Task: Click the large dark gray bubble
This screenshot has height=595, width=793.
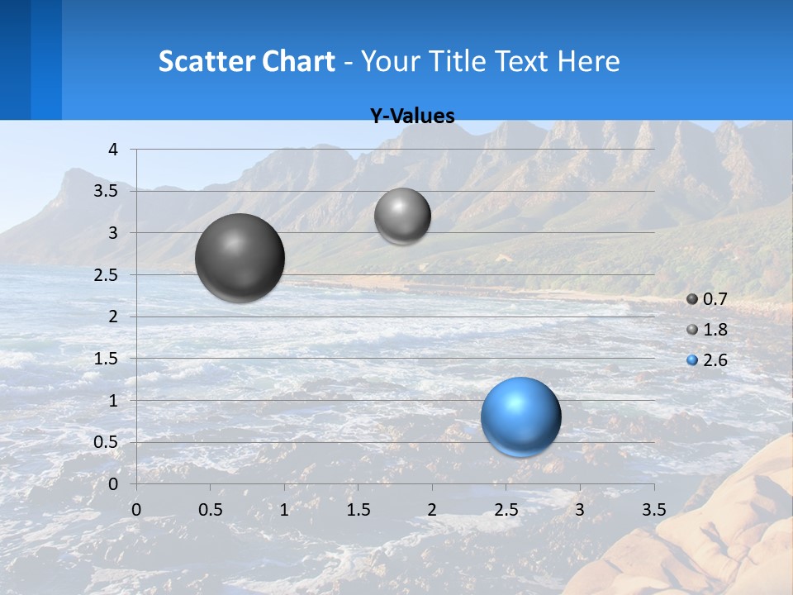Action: coord(240,258)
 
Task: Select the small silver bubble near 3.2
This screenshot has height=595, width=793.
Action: coord(402,216)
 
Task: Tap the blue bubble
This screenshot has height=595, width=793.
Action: coord(520,416)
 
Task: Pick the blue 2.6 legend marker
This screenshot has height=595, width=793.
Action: coord(692,360)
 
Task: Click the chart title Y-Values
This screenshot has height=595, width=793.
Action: coord(411,117)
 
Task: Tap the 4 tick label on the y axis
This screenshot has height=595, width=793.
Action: coord(113,150)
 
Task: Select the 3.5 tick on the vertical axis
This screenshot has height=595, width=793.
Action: coord(107,192)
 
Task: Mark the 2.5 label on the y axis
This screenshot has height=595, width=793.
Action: coord(107,275)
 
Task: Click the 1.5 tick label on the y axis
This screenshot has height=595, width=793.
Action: coord(107,359)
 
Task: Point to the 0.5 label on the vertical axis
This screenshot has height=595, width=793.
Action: coord(107,442)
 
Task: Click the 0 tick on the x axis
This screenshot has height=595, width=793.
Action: coord(136,509)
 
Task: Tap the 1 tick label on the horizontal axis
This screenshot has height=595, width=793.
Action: coord(284,509)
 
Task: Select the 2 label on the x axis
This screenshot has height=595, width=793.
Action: coord(432,509)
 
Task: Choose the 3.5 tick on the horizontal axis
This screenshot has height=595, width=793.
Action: coord(654,509)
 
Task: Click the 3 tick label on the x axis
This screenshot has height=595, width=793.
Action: coord(580,509)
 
